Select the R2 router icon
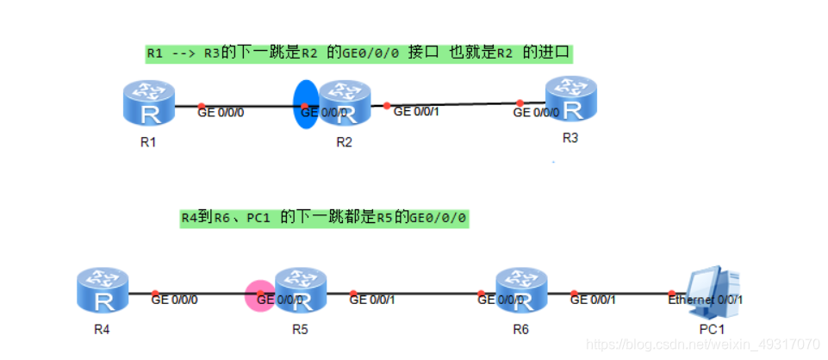pos(345,104)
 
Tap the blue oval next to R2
pos(306,105)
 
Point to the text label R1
pos(147,142)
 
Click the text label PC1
pos(713,330)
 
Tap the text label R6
pos(520,330)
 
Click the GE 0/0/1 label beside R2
pos(417,111)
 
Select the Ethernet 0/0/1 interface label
pos(705,300)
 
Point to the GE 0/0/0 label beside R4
pos(175,300)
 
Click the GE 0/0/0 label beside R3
pos(536,112)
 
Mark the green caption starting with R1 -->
pos(358,53)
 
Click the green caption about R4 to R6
pos(324,218)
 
